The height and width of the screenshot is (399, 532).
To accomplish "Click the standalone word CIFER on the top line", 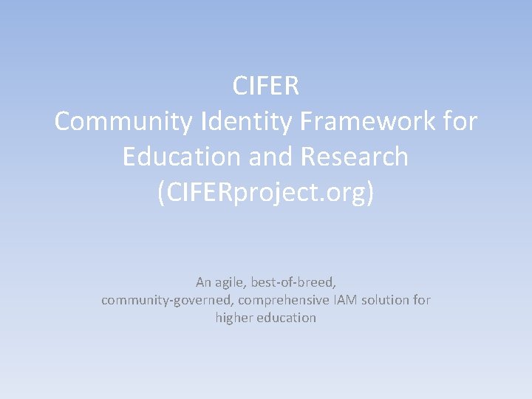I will click(x=266, y=86).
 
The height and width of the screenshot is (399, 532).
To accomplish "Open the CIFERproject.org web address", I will click(x=265, y=193).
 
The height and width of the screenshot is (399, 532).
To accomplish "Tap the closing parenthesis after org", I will click(x=370, y=193).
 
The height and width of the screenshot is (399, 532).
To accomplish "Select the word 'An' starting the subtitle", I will click(x=203, y=282).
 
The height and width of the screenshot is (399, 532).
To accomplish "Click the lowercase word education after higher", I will click(x=287, y=318).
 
